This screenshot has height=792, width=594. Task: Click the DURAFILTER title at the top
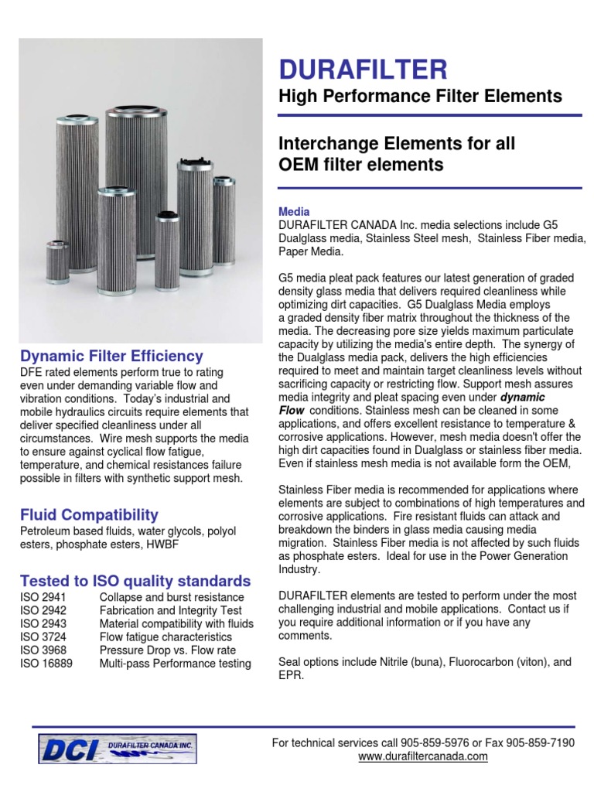click(363, 70)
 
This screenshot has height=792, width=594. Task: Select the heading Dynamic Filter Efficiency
click(111, 357)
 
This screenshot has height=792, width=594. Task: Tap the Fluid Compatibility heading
click(89, 514)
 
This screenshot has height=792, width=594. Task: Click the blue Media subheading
click(294, 211)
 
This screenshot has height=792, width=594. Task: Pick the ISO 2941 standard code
click(43, 597)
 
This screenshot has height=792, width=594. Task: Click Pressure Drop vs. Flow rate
click(168, 650)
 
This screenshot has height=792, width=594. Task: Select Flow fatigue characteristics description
click(166, 637)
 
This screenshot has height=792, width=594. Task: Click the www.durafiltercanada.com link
click(423, 756)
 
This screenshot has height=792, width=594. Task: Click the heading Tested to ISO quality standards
click(135, 581)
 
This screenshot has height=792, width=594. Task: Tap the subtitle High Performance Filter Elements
click(420, 97)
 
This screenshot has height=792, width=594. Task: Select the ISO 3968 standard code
click(43, 650)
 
